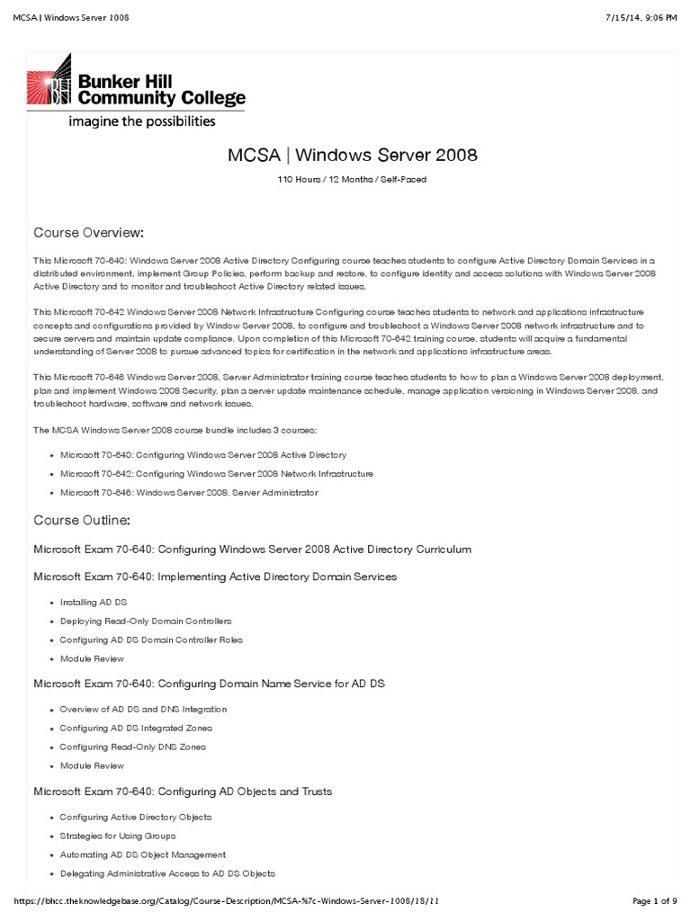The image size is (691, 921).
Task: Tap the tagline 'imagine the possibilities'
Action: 142,121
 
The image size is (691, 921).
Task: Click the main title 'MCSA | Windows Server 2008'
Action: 352,155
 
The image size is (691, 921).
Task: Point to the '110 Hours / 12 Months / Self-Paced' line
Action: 352,180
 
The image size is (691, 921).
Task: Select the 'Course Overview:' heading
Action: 88,232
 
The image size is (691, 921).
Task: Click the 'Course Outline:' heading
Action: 83,520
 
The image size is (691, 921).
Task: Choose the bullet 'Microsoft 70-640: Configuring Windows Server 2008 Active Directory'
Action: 202,455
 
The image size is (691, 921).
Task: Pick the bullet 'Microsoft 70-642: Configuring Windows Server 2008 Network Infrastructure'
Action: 216,473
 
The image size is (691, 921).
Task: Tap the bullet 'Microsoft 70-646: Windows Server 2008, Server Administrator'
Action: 188,492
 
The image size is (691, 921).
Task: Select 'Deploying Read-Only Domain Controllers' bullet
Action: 145,621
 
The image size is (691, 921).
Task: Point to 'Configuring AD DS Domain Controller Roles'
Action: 150,639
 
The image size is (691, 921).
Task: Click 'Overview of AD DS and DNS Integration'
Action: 143,709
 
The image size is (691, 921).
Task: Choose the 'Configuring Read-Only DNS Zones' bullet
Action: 132,747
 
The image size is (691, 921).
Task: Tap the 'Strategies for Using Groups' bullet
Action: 117,836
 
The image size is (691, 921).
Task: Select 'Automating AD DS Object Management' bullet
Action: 142,854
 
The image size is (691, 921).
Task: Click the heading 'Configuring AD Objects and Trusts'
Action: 183,791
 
